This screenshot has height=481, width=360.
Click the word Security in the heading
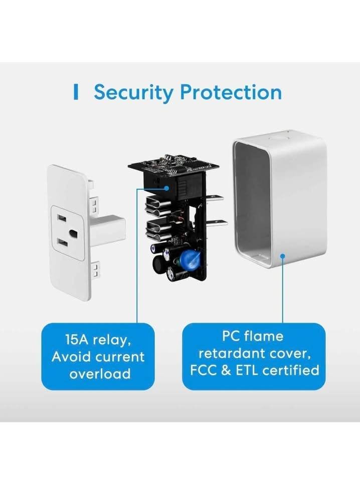pos(132,93)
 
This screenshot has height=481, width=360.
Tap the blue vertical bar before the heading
pos(76,93)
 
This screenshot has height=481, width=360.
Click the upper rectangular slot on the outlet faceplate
pos(62,219)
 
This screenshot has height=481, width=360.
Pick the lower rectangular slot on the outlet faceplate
pos(62,243)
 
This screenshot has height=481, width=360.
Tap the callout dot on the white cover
pos(283,257)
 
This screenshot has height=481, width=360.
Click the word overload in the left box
pos(100,373)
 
